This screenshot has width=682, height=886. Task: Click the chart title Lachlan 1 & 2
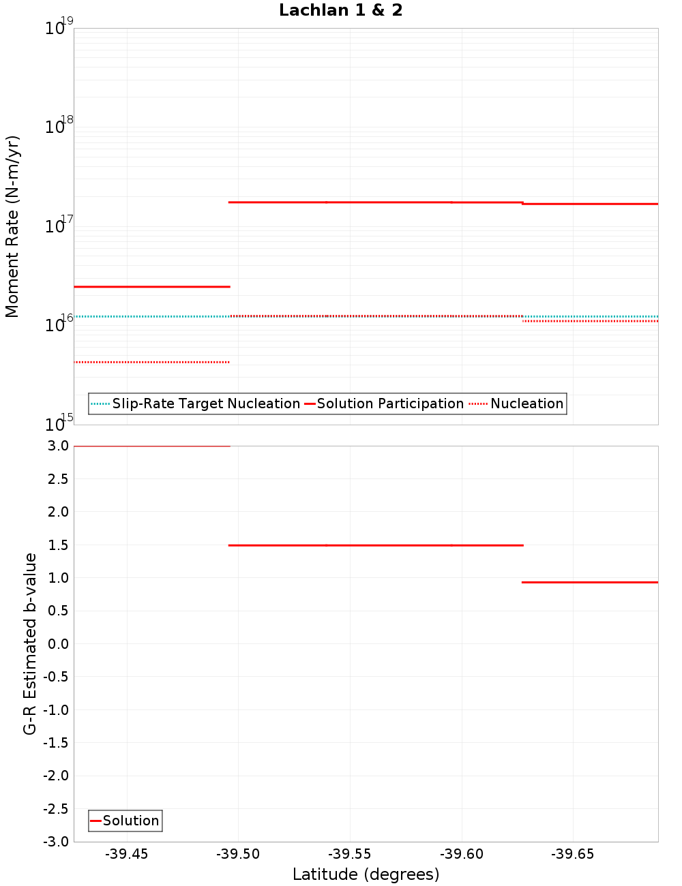[340, 10]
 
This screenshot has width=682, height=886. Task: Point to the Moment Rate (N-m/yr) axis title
[12, 226]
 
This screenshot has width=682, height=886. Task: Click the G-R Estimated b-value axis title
[30, 643]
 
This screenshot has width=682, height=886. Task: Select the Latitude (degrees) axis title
[366, 874]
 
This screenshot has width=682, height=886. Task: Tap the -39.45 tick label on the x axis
[126, 854]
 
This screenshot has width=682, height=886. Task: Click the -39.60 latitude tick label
[462, 854]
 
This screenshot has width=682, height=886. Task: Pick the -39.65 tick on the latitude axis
[573, 854]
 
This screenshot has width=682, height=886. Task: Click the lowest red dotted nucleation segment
[151, 362]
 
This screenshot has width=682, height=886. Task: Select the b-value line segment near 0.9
[590, 582]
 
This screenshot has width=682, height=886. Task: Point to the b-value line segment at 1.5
[376, 545]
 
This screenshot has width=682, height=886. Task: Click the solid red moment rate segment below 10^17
[151, 287]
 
